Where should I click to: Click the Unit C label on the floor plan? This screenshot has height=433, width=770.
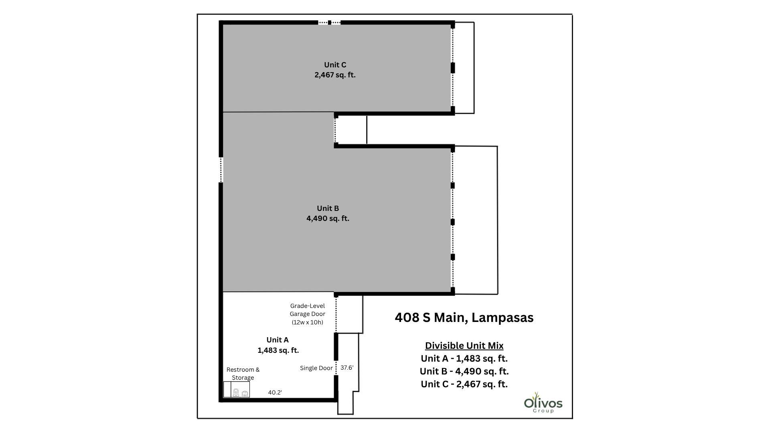pos(335,65)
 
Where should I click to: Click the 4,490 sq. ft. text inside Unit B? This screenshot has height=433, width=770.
pos(328,219)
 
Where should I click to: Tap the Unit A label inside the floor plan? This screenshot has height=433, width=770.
pos(278,340)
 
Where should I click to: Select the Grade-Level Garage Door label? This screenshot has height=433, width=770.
pos(308,314)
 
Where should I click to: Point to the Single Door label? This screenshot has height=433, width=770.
pos(316,368)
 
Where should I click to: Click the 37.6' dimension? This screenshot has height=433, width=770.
pos(347,367)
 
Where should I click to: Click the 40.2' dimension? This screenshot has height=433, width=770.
pos(275,393)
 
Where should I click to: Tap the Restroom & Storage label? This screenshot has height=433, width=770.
pos(243,374)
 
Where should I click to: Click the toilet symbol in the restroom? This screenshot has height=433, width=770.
pos(236,393)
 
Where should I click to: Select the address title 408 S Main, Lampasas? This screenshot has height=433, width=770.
pos(464,318)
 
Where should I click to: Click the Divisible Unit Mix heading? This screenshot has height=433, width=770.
pos(464,346)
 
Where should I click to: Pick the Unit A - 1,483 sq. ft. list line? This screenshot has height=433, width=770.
pos(464,358)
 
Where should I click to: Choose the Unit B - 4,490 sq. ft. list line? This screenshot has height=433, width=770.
pos(464,371)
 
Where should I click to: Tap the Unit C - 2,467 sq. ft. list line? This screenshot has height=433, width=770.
pos(464,384)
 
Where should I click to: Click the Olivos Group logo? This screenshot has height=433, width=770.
pos(543,403)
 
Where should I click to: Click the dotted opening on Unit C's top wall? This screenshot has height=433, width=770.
pos(329,23)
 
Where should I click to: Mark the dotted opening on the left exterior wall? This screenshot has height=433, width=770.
pos(221,170)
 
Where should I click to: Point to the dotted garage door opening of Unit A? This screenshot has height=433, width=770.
pos(336,315)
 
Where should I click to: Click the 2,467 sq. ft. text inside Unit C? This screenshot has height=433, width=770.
pos(335,75)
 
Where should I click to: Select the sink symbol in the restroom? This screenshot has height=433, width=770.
pos(245,394)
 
